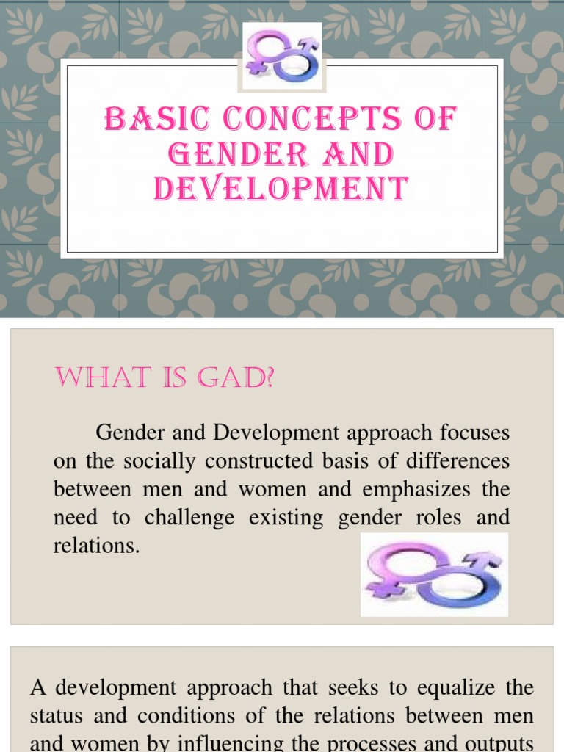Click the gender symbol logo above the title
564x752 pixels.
tap(282, 57)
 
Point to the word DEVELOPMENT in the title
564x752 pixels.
tap(281, 189)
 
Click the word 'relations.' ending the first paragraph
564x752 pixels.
tap(96, 546)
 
